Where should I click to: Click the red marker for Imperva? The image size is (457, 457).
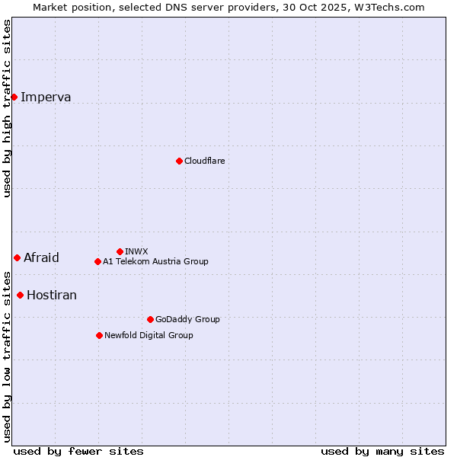coord(14,97)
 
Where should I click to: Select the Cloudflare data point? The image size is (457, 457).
coord(179,161)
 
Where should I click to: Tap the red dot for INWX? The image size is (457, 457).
coord(120,251)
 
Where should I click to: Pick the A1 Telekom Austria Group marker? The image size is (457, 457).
coord(97,261)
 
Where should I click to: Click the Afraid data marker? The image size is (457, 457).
coord(17,257)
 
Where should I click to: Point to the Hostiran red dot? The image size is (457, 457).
coord(20,295)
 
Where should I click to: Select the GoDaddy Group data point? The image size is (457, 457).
coord(150,319)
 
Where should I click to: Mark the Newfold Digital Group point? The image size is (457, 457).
coord(99,335)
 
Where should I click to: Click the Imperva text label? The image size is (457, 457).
coord(46,97)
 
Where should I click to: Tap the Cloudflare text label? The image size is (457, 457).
coord(204,161)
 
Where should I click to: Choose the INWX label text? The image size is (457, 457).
coord(136,251)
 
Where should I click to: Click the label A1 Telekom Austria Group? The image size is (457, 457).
coord(155,261)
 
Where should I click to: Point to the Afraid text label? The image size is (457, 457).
coord(41,257)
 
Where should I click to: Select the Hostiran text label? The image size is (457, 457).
coord(52,295)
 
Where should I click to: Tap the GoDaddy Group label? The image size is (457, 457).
coord(187,319)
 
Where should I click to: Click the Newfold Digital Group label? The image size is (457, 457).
coord(149,335)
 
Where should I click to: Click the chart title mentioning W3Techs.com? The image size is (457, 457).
coord(228,7)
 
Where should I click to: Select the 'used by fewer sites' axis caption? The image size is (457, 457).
coord(78,451)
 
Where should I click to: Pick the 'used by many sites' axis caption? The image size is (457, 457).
coord(382,451)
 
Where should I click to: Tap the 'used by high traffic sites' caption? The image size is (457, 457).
coord(8,108)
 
